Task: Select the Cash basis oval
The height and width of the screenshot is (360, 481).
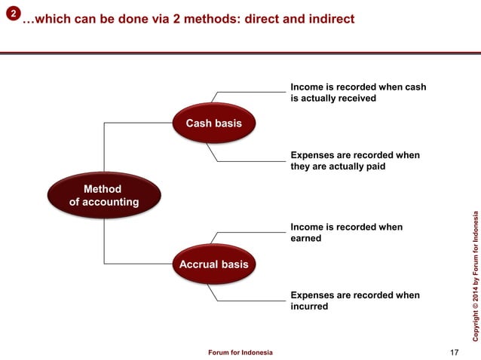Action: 213,123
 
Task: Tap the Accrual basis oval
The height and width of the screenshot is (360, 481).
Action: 213,264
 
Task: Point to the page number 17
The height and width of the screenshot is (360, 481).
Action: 453,352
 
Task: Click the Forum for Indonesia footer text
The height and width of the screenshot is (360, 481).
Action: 240,352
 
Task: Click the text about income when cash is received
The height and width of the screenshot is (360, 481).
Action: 358,93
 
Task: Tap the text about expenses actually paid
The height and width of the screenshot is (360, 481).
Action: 355,161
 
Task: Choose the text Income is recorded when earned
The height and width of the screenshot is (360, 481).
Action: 346,233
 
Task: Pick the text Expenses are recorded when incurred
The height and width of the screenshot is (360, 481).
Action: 355,301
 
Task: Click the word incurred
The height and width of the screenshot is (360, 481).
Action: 309,307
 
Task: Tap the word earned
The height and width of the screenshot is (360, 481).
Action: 306,239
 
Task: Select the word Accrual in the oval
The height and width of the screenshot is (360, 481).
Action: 199,264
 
